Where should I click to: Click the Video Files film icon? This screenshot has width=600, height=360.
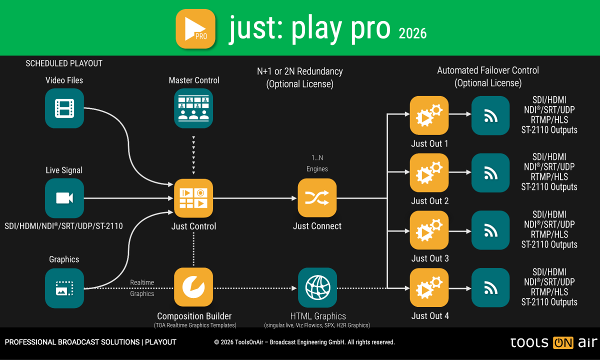pyautogui.click(x=64, y=108)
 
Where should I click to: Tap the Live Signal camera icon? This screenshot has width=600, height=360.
pyautogui.click(x=64, y=198)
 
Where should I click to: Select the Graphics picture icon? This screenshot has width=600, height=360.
pyautogui.click(x=64, y=288)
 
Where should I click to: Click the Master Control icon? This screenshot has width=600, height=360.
pyautogui.click(x=193, y=108)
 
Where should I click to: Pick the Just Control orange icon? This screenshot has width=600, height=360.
pyautogui.click(x=193, y=198)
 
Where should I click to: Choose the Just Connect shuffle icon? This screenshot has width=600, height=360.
pyautogui.click(x=317, y=198)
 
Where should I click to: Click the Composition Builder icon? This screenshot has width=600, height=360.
pyautogui.click(x=193, y=287)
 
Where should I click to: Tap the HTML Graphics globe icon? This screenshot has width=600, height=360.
pyautogui.click(x=317, y=287)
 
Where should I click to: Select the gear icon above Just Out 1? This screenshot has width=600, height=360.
pyautogui.click(x=429, y=115)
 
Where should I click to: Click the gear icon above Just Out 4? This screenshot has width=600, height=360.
pyautogui.click(x=429, y=288)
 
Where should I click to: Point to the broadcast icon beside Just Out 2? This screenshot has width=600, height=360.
pyautogui.click(x=490, y=173)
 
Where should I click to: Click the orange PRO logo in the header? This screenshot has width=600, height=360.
pyautogui.click(x=195, y=28)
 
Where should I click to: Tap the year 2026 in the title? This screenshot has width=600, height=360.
pyautogui.click(x=412, y=33)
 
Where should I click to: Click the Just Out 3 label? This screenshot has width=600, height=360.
pyautogui.click(x=429, y=258)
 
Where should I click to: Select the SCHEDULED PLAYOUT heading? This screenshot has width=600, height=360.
pyautogui.click(x=64, y=63)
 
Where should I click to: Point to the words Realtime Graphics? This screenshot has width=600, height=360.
pyautogui.click(x=142, y=288)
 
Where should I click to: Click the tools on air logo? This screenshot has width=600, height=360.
pyautogui.click(x=553, y=342)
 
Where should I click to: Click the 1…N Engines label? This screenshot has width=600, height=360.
pyautogui.click(x=317, y=163)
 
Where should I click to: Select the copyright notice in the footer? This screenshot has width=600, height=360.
pyautogui.click(x=304, y=342)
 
